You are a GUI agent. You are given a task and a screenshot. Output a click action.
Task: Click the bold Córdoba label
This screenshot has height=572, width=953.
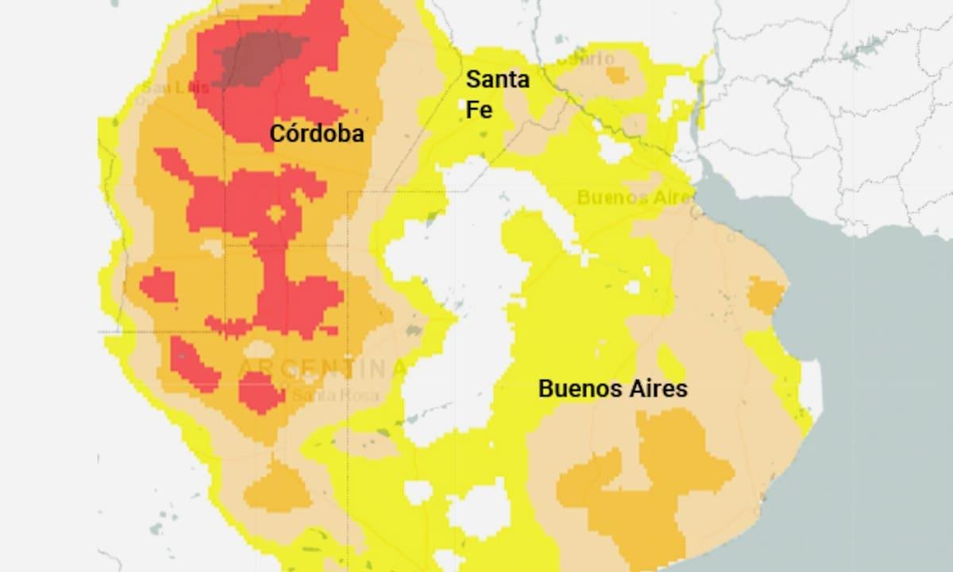pos(317,133)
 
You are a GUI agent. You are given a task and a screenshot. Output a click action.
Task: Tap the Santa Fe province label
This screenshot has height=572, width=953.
pos(497,94)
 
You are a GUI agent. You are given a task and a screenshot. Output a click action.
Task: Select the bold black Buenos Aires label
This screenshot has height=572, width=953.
pos(612,389)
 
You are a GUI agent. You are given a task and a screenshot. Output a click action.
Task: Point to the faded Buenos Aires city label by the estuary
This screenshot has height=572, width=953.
pos(633,197)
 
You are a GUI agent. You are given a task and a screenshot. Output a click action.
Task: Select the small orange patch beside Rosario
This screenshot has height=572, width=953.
pos(616,75)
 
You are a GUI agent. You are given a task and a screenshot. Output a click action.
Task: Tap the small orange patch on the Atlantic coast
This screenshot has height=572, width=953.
pos(766,295)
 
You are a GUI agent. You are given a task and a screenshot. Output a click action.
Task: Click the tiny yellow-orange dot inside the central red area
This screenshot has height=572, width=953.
pos(276,214)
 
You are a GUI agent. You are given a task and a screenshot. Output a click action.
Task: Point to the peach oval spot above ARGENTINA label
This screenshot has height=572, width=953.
pos(258,350)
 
